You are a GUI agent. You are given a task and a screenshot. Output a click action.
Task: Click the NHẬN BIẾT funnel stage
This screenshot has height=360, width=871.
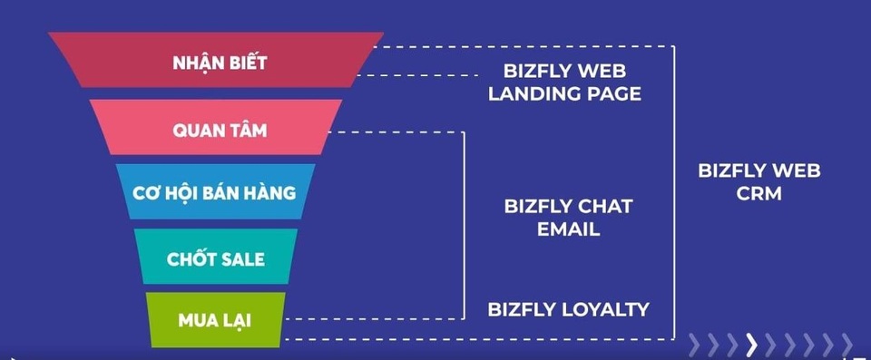coord(216,60)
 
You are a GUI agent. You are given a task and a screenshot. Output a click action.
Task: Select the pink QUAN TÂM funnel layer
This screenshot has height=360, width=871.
coord(216,127)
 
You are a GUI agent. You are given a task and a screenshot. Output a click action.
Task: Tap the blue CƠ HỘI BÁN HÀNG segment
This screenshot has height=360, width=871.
coord(216,191)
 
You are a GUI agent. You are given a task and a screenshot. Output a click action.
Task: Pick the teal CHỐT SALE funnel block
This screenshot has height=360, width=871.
coord(216,256)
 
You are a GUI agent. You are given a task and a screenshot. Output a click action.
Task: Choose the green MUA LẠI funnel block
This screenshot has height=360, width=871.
coord(216,320)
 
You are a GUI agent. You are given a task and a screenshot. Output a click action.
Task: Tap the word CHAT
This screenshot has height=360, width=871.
coord(604,207)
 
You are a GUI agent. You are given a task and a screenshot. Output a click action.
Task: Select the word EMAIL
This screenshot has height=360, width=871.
coord(568,229)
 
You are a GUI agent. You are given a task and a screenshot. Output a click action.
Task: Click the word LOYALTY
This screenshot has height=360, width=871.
coord(607,309)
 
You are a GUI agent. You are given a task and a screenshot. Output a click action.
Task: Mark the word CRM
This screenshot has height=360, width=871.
coord(758,193)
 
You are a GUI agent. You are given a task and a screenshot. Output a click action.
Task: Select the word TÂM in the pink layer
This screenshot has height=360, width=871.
coord(248,130)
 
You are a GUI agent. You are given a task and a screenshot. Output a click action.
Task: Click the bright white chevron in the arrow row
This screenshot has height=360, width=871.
coord(751,345)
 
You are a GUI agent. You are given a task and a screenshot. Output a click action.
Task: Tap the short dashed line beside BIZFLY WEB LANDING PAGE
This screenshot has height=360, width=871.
coord(417,75)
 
